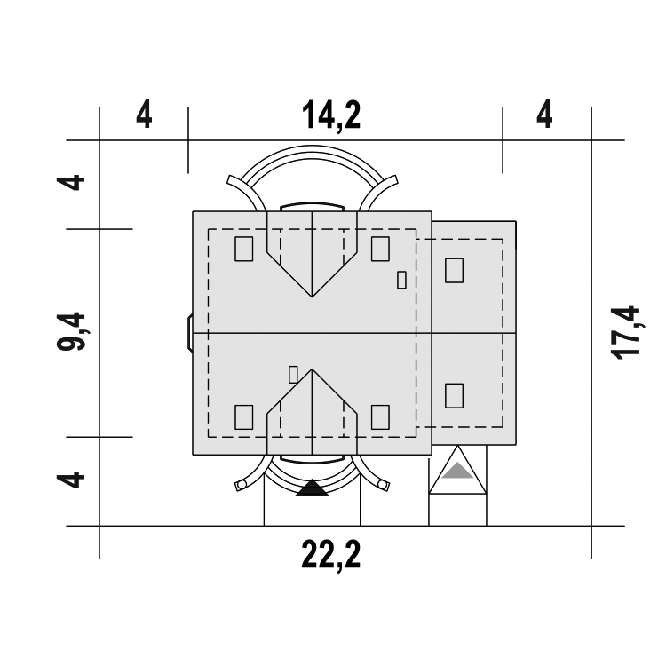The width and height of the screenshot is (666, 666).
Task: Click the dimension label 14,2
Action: pos(331,115)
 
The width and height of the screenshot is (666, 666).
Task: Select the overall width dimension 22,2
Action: pos(331,555)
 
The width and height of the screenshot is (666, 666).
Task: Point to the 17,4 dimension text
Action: pos(625,333)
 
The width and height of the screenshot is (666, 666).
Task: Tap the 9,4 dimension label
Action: pos(71,332)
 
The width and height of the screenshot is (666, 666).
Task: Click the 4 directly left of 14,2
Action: pos(144,115)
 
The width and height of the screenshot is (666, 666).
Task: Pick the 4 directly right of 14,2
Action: pos(544,115)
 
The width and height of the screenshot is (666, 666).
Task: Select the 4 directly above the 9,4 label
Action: pos(71,183)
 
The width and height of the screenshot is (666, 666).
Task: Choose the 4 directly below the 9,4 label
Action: pos(71,480)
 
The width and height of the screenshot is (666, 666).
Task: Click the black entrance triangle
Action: pos(313,488)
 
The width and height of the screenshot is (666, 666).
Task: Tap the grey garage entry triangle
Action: pos(457,472)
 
